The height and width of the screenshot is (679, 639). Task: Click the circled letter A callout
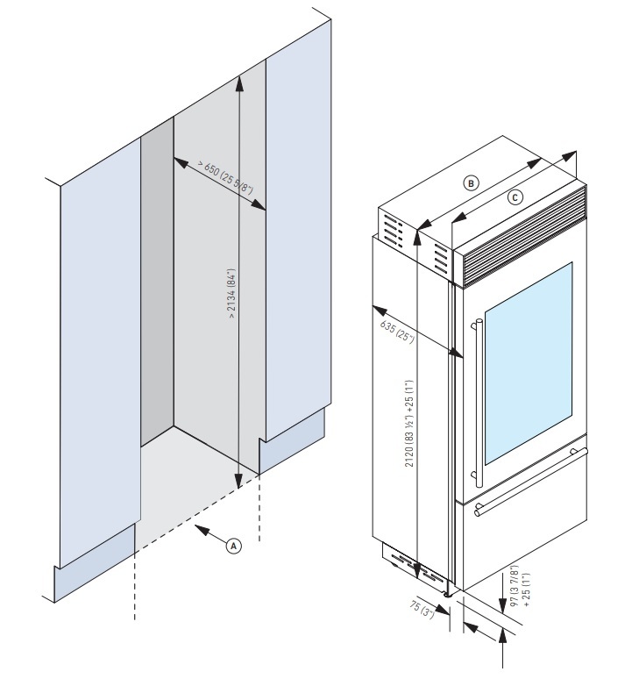(233, 544)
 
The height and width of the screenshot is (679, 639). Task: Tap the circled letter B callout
(472, 183)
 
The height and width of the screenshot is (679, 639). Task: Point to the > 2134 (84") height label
(232, 298)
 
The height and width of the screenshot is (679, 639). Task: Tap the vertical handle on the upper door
(479, 404)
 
